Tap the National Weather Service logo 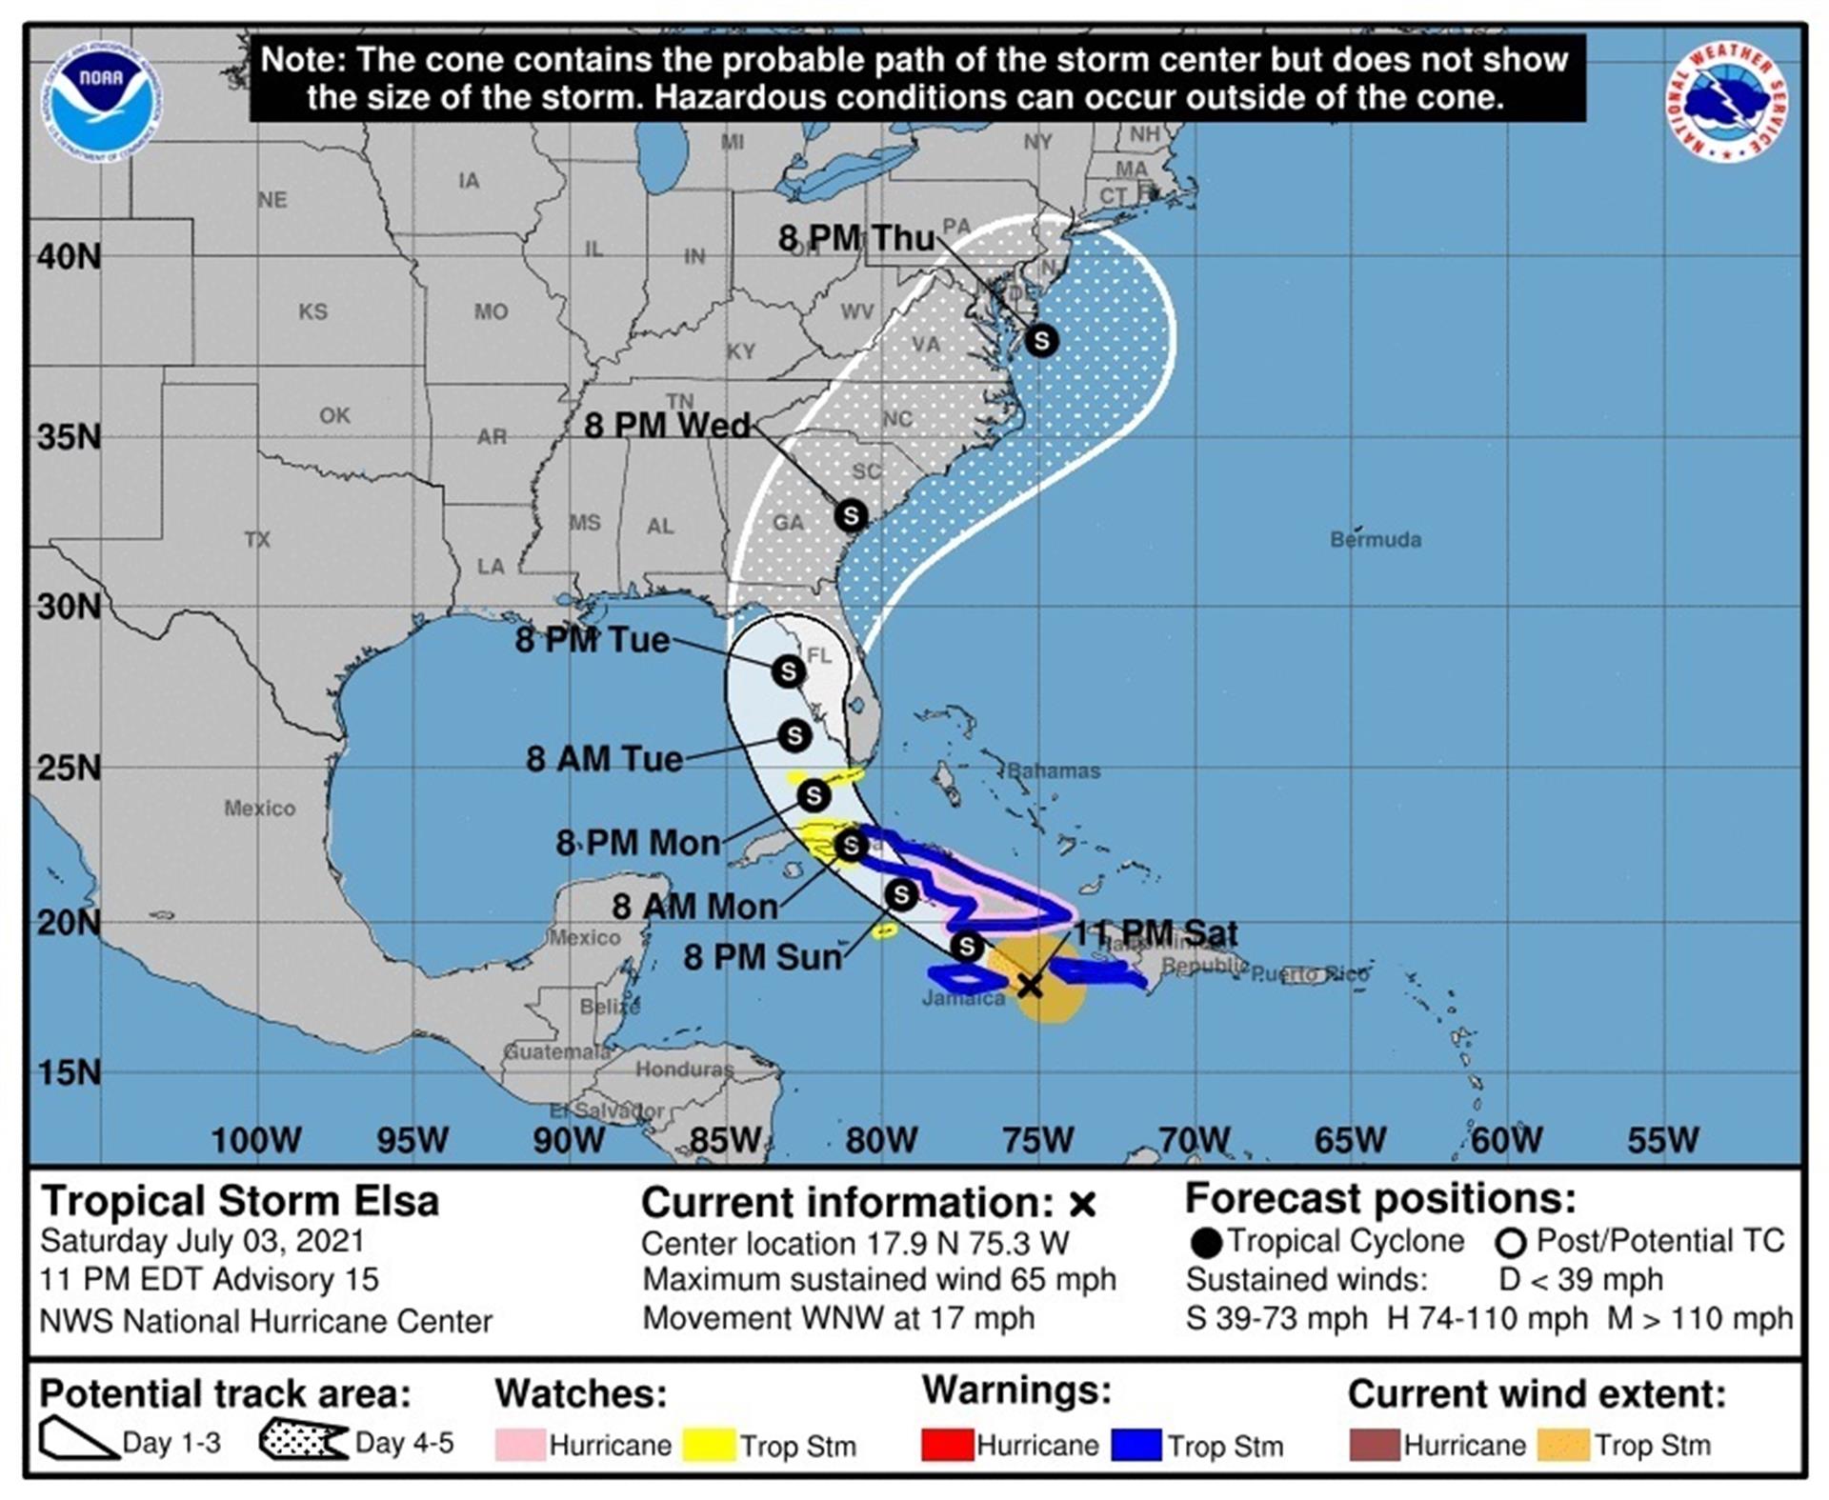tap(1726, 101)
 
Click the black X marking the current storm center tap(1030, 986)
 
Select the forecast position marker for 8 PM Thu tap(1041, 340)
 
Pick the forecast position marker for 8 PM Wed tap(851, 515)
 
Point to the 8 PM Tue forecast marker tap(788, 671)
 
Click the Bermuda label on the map tap(1376, 540)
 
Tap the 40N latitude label tap(69, 256)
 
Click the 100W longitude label tap(255, 1140)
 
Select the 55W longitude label tap(1662, 1140)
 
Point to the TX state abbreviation tap(257, 540)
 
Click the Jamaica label tap(963, 999)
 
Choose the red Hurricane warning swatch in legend tap(947, 1445)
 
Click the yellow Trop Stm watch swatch tap(710, 1445)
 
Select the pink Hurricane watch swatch tap(520, 1445)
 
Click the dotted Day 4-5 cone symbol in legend tap(303, 1440)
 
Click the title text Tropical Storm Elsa tap(240, 1201)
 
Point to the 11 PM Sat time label tap(1156, 933)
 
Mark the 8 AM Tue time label tap(604, 759)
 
